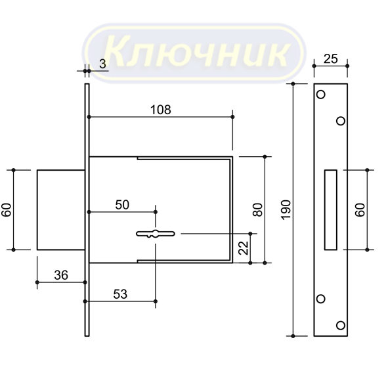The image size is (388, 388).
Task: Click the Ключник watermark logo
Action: (194, 53)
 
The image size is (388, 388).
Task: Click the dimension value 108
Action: (161, 110)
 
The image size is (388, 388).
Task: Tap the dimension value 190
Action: (286, 210)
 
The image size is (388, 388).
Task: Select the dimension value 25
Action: (331, 59)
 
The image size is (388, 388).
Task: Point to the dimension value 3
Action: (102, 64)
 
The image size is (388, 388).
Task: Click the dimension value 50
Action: (122, 205)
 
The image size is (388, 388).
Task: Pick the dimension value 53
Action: (120, 294)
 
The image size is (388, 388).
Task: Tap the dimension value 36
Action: (61, 275)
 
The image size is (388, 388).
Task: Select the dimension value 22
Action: (244, 248)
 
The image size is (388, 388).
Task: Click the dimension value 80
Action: (257, 209)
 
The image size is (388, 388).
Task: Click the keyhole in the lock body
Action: (156, 234)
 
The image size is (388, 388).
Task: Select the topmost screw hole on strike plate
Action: (320, 95)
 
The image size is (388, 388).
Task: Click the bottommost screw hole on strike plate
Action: (341, 325)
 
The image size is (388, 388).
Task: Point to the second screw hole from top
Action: (341, 121)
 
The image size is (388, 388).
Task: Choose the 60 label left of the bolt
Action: (7, 210)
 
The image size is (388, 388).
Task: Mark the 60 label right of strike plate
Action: (360, 210)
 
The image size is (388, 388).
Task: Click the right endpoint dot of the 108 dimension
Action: (232, 117)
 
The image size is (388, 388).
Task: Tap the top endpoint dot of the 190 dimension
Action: (293, 84)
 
